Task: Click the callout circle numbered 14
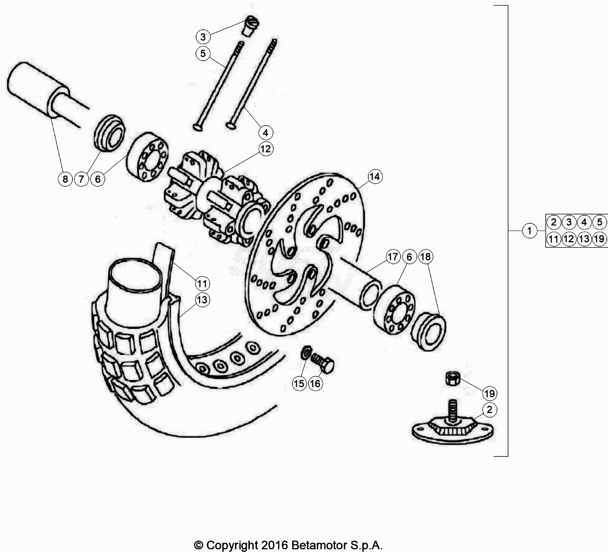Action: (x=375, y=177)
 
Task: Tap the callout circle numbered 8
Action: (x=65, y=179)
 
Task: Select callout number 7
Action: (x=81, y=179)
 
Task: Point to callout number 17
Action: (x=393, y=257)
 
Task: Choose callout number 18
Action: (x=425, y=257)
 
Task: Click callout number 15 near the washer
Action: (x=299, y=384)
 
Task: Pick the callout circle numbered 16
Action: (x=315, y=384)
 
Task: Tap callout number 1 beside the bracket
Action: (x=530, y=231)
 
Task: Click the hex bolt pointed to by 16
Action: (x=322, y=363)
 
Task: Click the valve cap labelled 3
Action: (x=248, y=25)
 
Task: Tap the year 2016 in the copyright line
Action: (x=274, y=545)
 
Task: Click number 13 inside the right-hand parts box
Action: (x=584, y=238)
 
